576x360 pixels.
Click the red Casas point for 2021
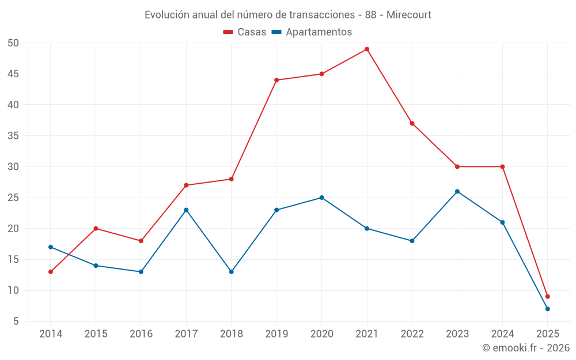pos(367,49)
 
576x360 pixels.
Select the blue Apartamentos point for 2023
pos(457,191)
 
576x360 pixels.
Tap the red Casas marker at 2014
pos(51,272)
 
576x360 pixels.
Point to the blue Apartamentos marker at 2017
pos(186,210)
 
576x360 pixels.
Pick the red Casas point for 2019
pos(276,80)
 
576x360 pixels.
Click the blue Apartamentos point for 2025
pos(548,309)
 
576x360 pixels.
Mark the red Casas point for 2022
pos(412,123)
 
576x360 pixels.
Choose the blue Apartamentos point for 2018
pos(232,272)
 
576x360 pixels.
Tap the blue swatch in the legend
pos(276,32)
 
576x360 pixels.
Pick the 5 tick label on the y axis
pos(16,321)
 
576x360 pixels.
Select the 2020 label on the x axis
pos(321,334)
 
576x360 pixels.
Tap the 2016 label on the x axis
pos(141,334)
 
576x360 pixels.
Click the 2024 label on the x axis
pos(502,334)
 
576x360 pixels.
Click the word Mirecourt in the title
pos(409,14)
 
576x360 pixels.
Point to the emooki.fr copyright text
pos(526,348)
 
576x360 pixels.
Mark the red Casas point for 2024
pos(502,166)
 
